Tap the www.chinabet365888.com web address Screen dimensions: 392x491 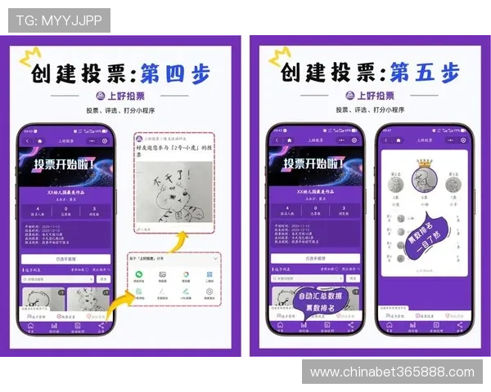[x=392, y=372]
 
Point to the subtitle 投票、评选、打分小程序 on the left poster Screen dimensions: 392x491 [x=122, y=110]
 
